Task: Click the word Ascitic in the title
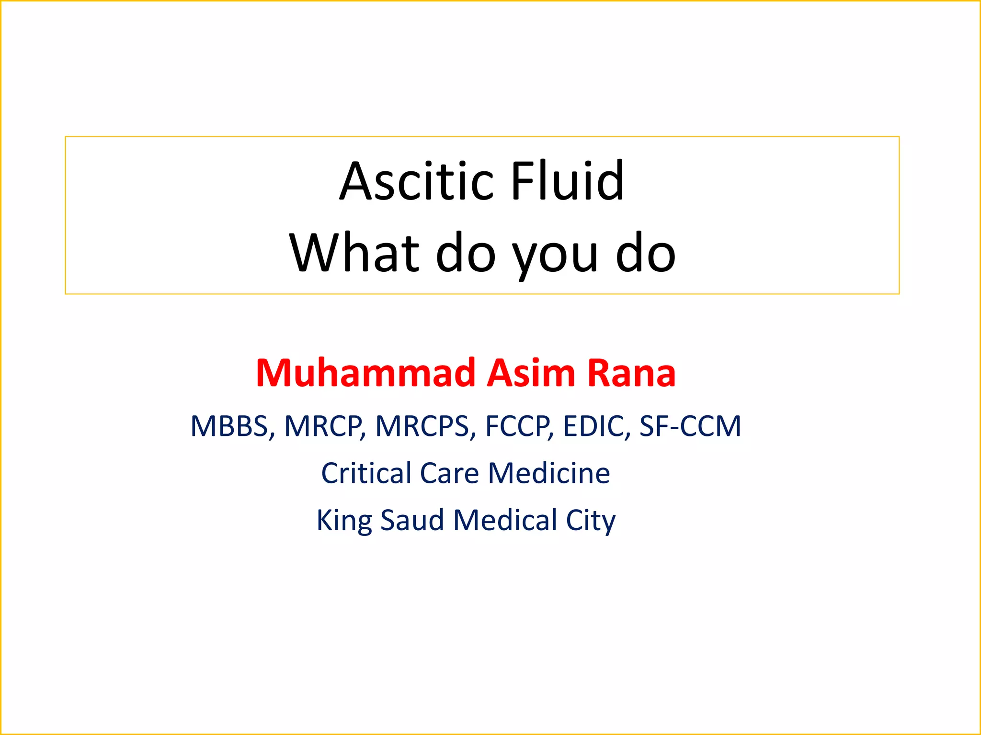(416, 181)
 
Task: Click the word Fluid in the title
(568, 181)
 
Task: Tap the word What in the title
(354, 253)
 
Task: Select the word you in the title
(555, 256)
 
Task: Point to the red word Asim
(531, 373)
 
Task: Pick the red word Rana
(631, 373)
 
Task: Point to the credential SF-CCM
(690, 426)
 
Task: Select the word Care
(449, 473)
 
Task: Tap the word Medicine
(549, 473)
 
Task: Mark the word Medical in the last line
(505, 520)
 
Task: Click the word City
(591, 521)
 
